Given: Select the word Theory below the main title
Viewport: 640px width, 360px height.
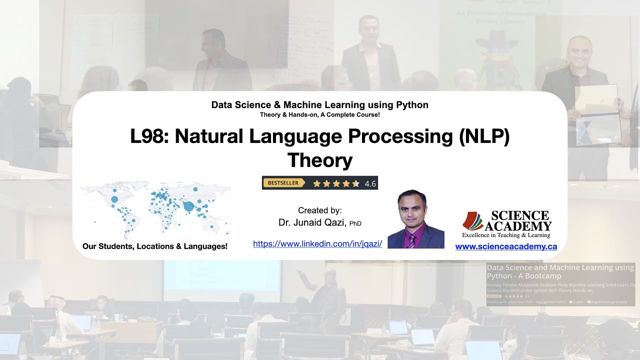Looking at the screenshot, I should (x=320, y=160).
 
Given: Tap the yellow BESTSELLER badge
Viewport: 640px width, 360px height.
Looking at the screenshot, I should (x=283, y=183).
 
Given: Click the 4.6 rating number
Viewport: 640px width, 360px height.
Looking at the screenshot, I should (x=370, y=183).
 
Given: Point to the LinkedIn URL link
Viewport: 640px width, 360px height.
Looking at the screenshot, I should (x=317, y=244).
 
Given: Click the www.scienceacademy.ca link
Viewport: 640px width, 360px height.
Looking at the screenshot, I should (x=506, y=246).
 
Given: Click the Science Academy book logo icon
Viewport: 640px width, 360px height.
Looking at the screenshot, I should (x=474, y=221).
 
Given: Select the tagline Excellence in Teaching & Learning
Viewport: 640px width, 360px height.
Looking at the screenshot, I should (x=506, y=235).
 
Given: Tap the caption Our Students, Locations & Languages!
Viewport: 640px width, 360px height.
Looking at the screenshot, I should (x=155, y=246).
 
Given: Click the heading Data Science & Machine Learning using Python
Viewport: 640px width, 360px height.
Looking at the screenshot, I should (x=319, y=105).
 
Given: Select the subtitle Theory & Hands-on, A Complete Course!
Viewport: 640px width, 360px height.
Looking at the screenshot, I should (x=319, y=115).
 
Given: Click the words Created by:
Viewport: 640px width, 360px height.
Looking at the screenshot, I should (x=319, y=210).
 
